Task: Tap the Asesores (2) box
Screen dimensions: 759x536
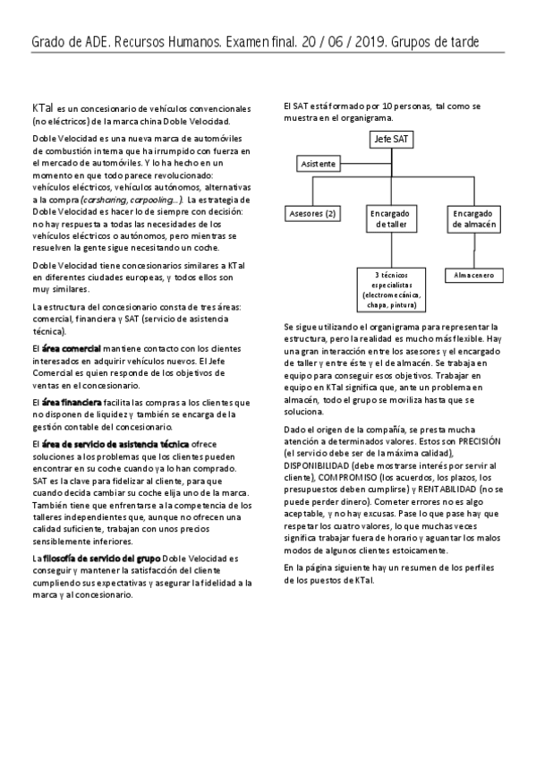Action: [311, 214]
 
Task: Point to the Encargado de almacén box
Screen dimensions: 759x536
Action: [473, 219]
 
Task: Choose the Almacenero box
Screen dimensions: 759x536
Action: [473, 275]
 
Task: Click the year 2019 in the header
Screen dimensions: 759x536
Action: [363, 42]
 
